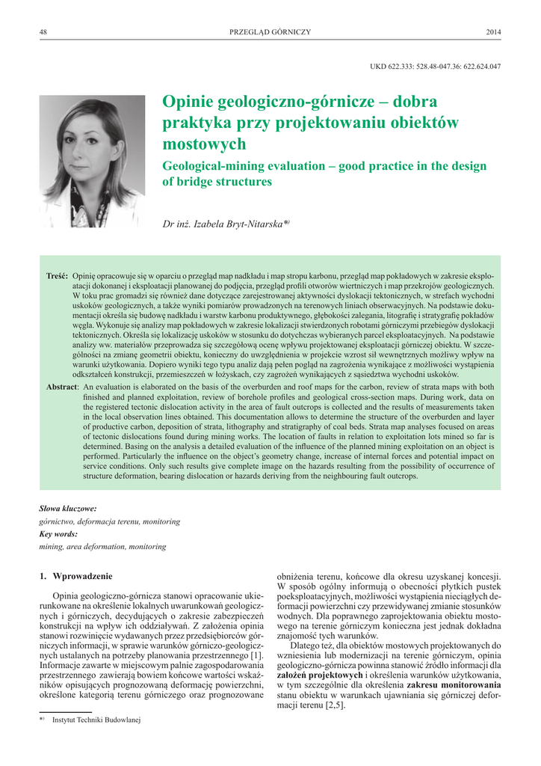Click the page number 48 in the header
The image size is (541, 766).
coord(43,31)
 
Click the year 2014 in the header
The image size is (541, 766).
coord(493,31)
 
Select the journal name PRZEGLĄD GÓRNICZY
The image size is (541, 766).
coord(270,31)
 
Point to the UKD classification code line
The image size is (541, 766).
coord(435,66)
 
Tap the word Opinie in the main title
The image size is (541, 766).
coord(190,102)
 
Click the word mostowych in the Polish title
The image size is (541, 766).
coord(204,143)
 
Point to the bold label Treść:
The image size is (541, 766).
coord(58,276)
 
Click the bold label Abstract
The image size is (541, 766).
coord(62,386)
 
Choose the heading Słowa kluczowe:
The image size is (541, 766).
coord(67,508)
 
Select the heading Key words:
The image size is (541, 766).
coord(58,535)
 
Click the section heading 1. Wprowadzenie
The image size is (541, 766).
coord(75,576)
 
